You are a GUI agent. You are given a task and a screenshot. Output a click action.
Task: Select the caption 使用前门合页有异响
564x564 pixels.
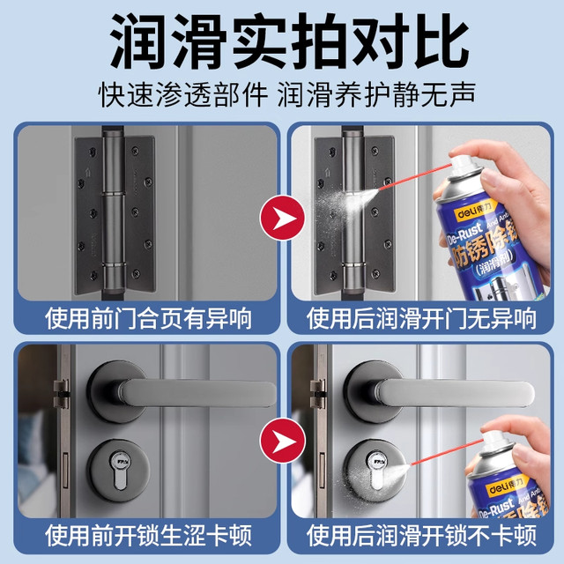(145, 315)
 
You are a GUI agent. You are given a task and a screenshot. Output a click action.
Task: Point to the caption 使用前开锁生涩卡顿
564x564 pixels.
(145, 534)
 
